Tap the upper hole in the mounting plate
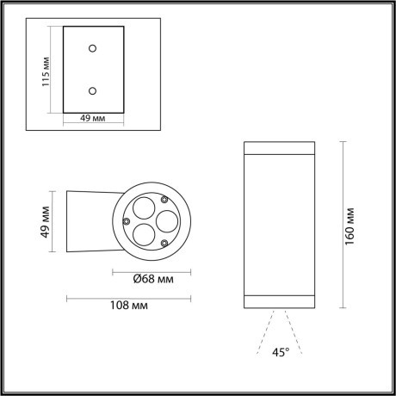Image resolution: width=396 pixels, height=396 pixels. click(x=94, y=48)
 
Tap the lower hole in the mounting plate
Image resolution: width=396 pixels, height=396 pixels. click(x=94, y=89)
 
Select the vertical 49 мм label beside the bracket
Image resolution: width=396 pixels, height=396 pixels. click(x=46, y=222)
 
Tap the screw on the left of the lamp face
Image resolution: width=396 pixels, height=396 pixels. click(x=127, y=222)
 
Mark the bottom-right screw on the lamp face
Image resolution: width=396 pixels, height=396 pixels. click(x=164, y=244)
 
